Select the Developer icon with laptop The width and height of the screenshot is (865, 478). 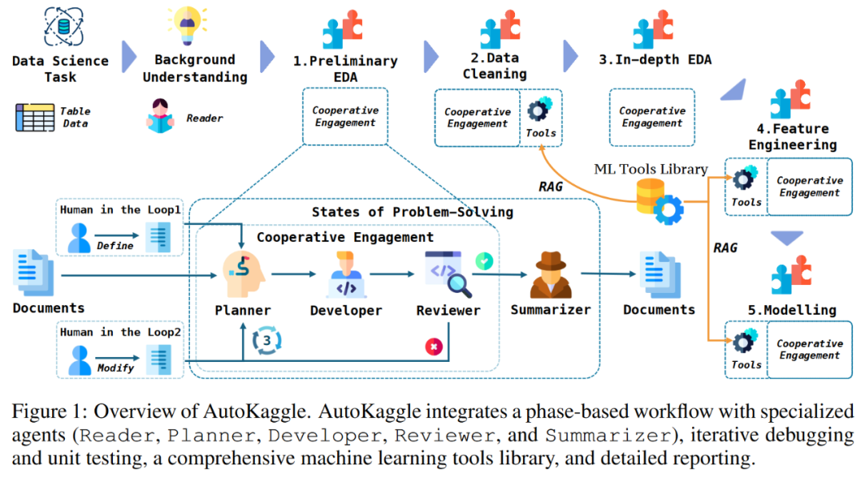click(346, 275)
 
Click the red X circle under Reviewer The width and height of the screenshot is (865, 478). click(433, 347)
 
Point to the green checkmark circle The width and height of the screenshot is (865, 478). click(484, 261)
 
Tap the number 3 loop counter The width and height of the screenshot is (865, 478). click(267, 340)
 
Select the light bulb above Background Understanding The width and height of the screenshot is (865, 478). click(187, 24)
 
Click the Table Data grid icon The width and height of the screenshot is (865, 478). click(34, 118)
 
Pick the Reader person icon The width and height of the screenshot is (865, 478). click(160, 116)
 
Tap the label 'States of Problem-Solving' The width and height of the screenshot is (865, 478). click(412, 212)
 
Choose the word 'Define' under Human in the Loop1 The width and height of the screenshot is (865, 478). click(115, 246)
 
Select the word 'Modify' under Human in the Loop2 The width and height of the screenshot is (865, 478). click(115, 368)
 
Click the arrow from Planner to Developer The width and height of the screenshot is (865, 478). click(293, 274)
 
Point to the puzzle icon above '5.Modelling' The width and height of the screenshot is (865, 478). click(791, 275)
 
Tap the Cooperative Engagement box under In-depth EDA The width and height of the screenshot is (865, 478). click(652, 118)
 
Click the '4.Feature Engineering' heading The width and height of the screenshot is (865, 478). click(793, 137)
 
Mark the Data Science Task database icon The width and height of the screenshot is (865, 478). click(63, 26)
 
